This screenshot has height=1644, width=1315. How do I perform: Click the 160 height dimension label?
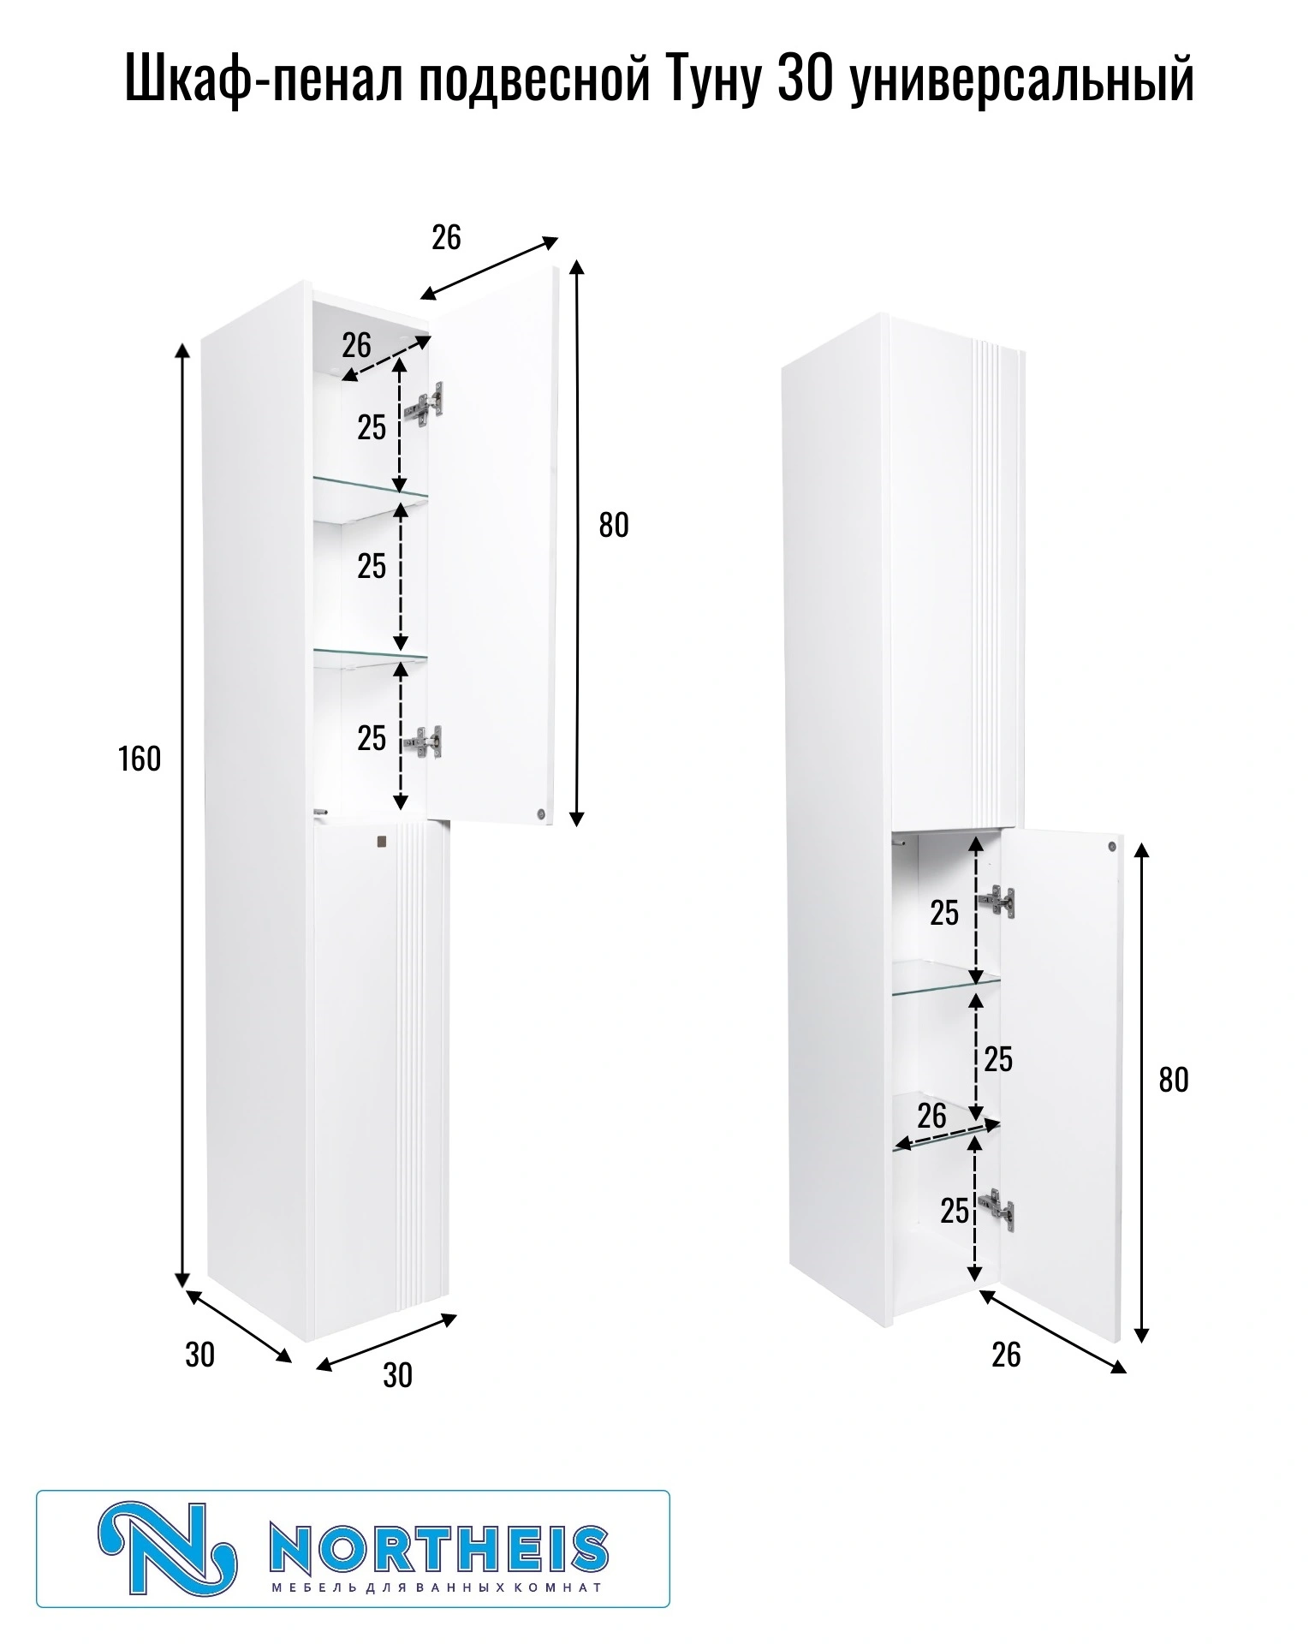(x=140, y=759)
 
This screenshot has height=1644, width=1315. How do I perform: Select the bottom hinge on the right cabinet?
(x=997, y=1208)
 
